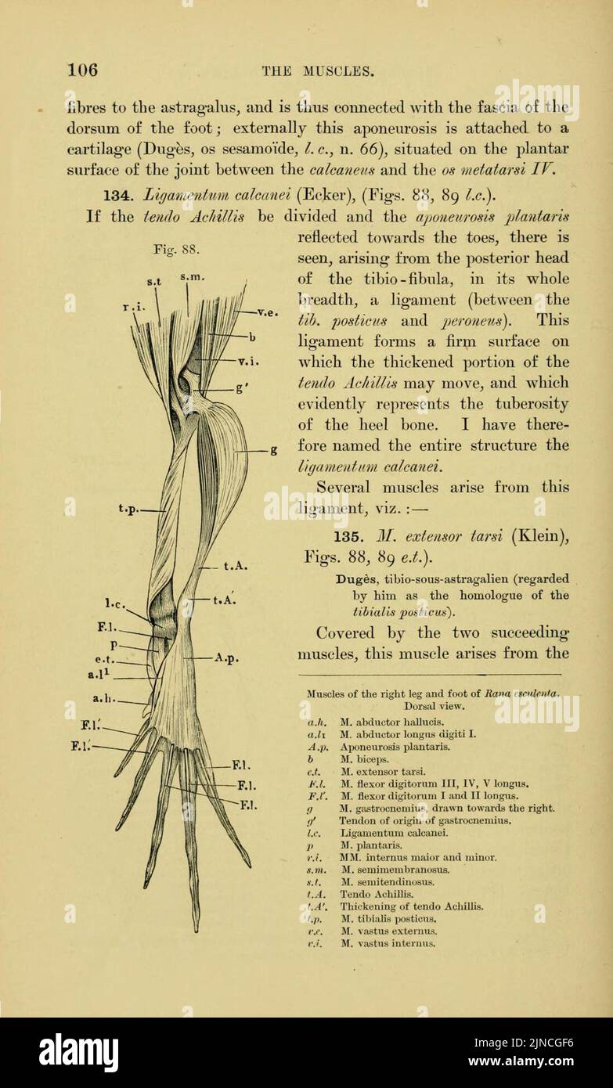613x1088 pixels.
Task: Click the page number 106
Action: coord(82,70)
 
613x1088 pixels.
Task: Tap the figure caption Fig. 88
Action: coord(177,250)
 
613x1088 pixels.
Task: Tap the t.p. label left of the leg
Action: coord(129,507)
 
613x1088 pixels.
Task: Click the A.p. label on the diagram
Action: coord(226,657)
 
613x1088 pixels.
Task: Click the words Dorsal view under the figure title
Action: coord(431,705)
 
